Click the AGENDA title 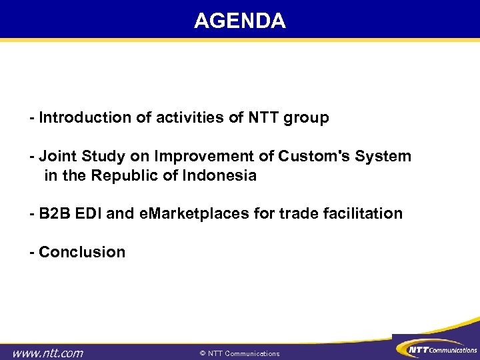pos(240,21)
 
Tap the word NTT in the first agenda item pos(265,118)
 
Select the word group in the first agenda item pos(307,119)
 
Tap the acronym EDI pos(85,214)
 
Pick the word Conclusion pos(81,253)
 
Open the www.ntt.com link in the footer pos(49,353)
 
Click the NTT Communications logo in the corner pos(436,349)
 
